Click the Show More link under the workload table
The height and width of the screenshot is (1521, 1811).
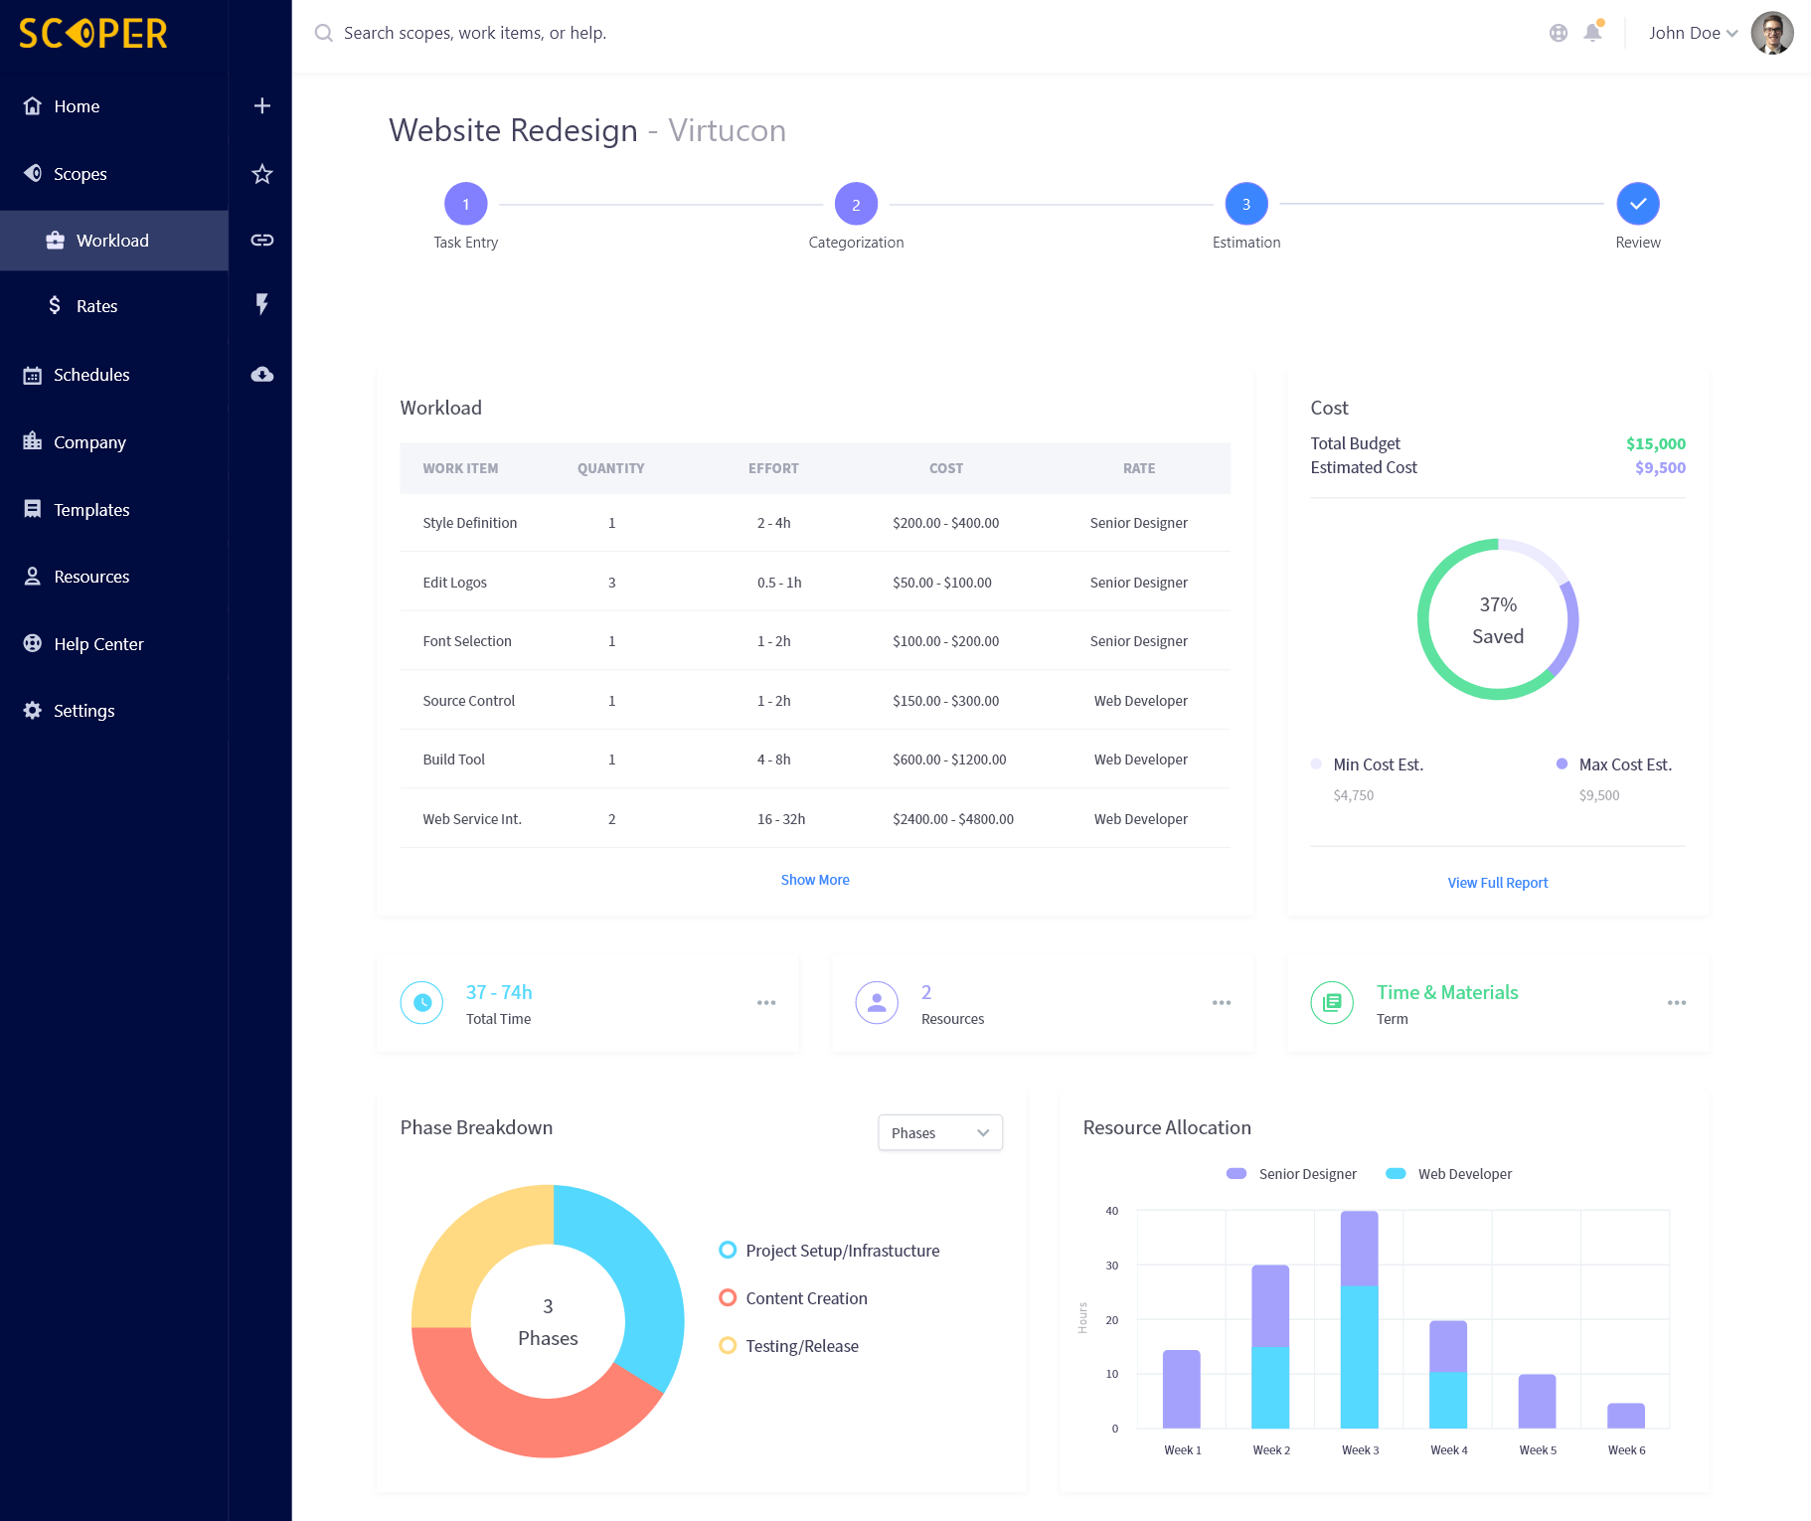[815, 880]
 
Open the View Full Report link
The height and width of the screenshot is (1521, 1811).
[1498, 883]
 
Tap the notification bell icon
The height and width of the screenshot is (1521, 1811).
[1593, 32]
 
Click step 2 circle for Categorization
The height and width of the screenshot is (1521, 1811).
[856, 204]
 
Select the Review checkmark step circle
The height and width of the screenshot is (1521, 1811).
[1638, 204]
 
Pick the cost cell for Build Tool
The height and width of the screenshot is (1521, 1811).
[949, 760]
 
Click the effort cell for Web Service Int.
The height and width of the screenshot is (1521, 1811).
[781, 819]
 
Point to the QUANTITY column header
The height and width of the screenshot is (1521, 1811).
[611, 468]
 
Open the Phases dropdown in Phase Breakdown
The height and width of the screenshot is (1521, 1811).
[940, 1133]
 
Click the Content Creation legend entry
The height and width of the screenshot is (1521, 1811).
[793, 1298]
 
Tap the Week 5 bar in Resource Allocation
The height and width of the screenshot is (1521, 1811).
[1538, 1402]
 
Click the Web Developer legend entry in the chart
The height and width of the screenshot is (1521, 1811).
[1449, 1174]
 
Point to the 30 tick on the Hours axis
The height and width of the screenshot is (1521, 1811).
[1112, 1266]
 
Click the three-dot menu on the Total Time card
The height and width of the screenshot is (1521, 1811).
[766, 1003]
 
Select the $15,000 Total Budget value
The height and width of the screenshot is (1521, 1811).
[1656, 443]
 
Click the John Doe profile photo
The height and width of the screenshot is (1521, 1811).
[1772, 33]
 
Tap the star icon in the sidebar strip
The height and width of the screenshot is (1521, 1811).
[262, 174]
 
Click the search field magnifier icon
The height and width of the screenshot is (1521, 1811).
[324, 33]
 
